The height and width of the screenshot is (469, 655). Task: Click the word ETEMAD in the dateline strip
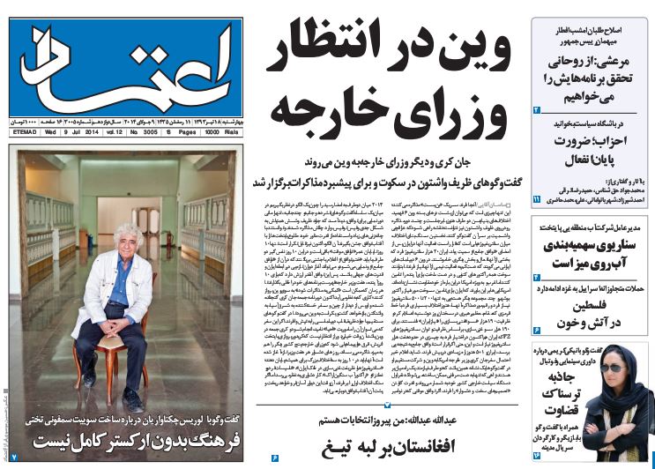point(23,132)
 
